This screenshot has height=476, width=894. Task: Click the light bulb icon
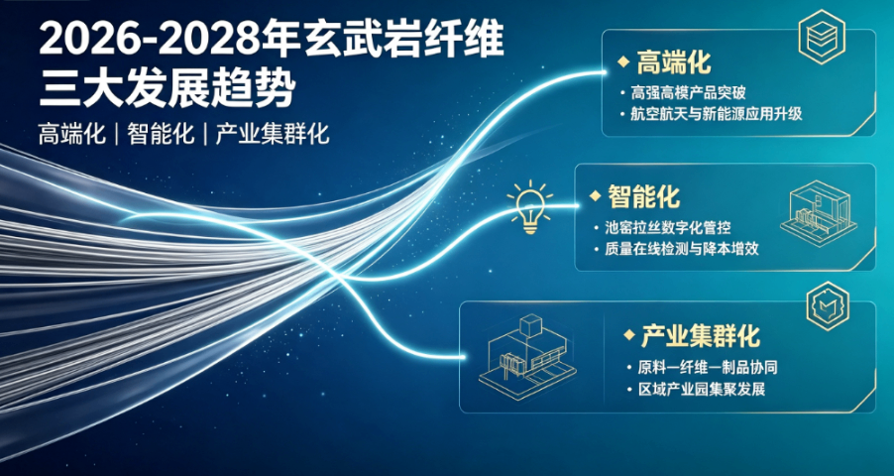[x=530, y=206]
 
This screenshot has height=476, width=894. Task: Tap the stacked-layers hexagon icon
[x=822, y=37]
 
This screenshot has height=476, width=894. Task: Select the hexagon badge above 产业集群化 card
[x=828, y=305]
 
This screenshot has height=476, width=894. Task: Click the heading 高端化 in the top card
[x=674, y=61]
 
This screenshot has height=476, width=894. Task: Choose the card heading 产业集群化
[x=701, y=336]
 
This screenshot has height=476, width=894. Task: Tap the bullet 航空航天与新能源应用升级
[x=717, y=114]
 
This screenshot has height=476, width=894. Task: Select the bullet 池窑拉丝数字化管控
[x=668, y=228]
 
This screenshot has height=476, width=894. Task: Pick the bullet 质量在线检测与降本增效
[x=682, y=250]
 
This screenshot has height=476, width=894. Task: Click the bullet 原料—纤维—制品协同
[x=708, y=368]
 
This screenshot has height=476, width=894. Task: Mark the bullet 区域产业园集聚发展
[x=702, y=390]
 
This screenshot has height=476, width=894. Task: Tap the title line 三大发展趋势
[x=168, y=89]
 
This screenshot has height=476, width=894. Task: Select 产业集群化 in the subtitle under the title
[x=272, y=135]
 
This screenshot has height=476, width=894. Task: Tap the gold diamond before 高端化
[x=623, y=61]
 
